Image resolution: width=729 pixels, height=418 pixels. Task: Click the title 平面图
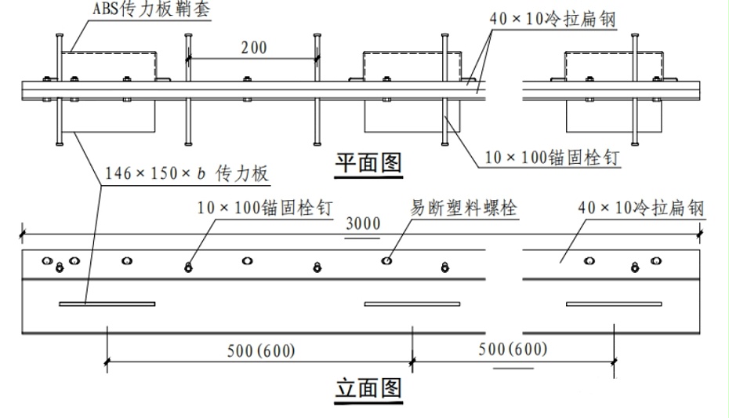pos(368,163)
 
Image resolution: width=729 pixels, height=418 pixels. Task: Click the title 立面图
pos(368,388)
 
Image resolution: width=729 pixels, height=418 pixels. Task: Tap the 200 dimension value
pos(254,47)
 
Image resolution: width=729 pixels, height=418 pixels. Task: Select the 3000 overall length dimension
pos(363,224)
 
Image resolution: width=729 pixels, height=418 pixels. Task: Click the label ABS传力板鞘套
pos(151,9)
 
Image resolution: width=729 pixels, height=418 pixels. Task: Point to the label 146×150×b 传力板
pos(187,173)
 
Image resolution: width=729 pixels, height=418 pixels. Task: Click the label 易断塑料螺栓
pos(463,207)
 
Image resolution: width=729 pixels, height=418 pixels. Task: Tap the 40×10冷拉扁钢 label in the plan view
pos(553,19)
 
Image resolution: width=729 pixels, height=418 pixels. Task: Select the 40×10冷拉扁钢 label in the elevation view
pos(641,207)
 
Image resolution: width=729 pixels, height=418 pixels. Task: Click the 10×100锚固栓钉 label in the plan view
pos(553,158)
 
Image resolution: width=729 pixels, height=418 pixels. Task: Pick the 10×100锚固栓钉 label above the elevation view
pos(265,207)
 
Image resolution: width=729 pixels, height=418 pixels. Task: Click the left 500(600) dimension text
pos(261,351)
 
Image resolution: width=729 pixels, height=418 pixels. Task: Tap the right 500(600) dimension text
pos(513,349)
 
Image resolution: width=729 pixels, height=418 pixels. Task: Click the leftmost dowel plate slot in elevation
pos(107,304)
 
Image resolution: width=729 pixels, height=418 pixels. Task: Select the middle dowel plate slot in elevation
pos(412,304)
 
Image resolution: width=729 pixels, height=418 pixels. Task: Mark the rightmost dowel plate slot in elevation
pos(614,304)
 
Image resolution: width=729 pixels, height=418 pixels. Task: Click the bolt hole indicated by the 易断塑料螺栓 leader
pos(386,261)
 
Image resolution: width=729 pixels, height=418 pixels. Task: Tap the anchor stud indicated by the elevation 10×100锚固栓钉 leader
pos(188,267)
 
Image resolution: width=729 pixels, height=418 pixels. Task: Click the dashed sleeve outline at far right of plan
pos(614,52)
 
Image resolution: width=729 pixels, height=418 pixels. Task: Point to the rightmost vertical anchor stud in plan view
pos(635,89)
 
